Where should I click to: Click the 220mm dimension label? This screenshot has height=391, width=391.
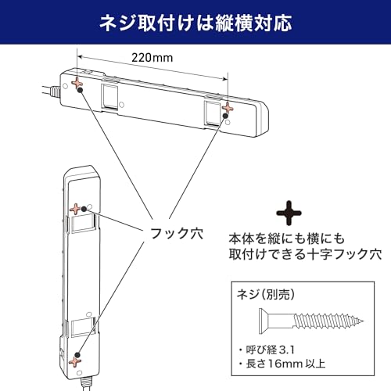point(152,58)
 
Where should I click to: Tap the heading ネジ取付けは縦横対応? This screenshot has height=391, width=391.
point(195,23)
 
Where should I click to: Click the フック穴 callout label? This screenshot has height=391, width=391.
point(177,233)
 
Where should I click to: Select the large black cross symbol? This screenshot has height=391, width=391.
point(289,213)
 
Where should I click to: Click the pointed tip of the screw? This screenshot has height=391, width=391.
point(364,321)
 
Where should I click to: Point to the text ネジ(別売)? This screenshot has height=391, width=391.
point(265,295)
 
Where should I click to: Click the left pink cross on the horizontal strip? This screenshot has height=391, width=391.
point(77,83)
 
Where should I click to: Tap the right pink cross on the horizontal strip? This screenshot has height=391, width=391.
point(228,108)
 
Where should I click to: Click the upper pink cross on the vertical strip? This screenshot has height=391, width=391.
point(75,209)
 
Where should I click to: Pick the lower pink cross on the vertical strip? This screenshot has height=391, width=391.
point(75,362)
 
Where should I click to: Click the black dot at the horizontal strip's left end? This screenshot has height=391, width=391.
point(81,90)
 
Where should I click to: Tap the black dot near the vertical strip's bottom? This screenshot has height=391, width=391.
point(77,355)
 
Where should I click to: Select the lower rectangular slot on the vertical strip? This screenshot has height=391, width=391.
point(82,328)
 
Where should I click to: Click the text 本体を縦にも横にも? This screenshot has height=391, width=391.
point(287,239)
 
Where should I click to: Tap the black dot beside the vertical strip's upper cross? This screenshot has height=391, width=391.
point(84,209)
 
